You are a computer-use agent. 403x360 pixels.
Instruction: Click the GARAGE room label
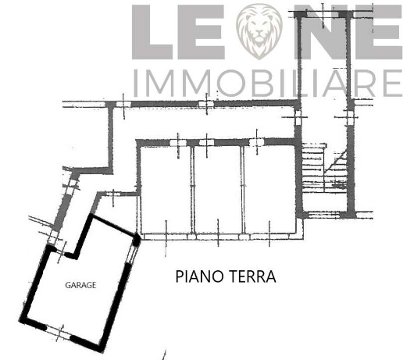pyautogui.click(x=80, y=285)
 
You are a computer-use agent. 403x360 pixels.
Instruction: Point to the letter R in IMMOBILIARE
pyautogui.click(x=366, y=83)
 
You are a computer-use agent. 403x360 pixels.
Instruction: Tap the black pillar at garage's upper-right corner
pyautogui.click(x=138, y=240)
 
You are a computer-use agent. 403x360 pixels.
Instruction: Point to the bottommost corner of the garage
pyautogui.click(x=98, y=349)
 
